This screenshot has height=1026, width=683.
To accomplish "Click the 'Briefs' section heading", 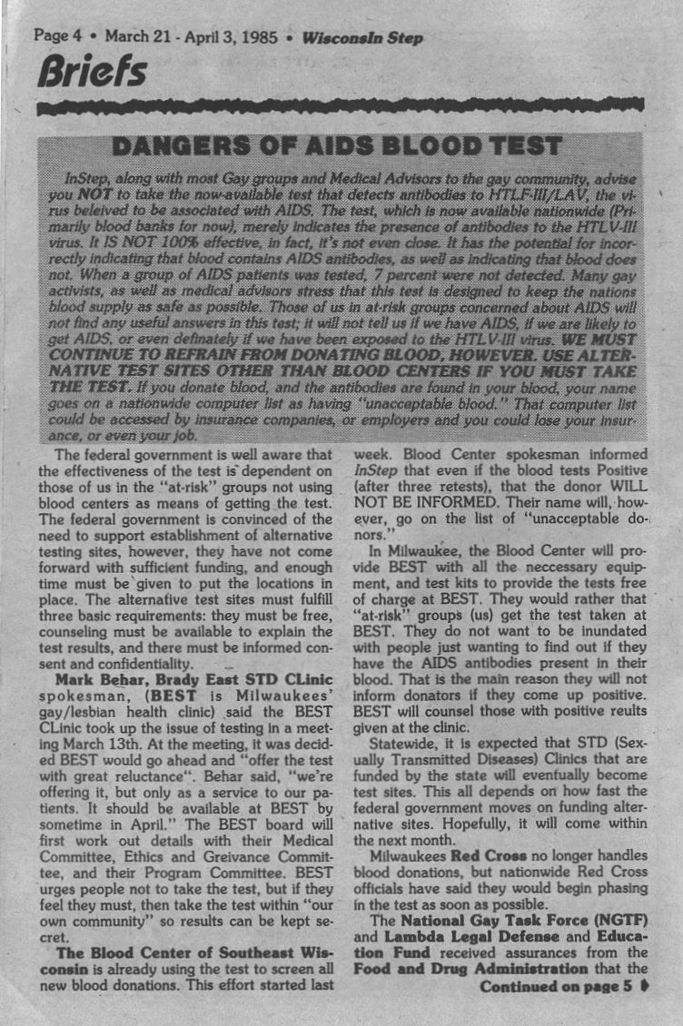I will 89,73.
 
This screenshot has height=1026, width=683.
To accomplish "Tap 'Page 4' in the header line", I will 58,37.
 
